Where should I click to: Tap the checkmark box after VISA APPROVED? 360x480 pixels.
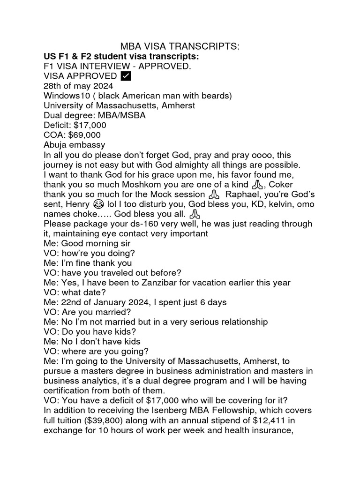[126, 76]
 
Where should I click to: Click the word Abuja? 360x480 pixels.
[56, 145]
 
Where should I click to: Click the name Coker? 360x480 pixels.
[280, 184]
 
